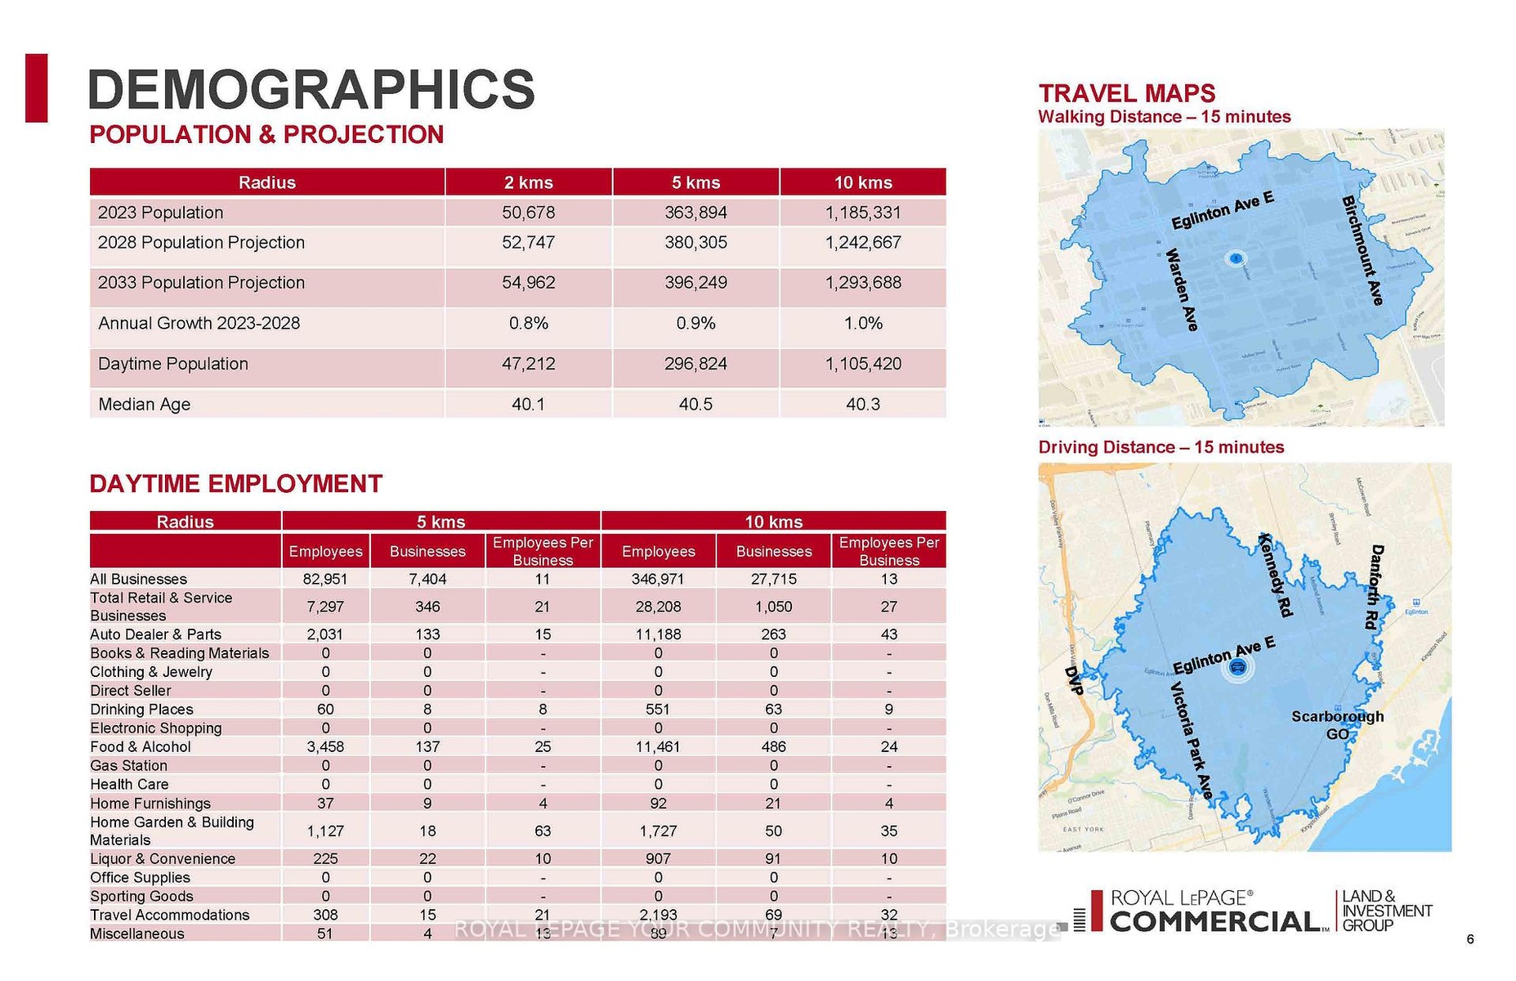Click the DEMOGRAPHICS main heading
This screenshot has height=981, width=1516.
click(x=311, y=89)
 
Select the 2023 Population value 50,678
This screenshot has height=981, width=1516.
click(x=528, y=213)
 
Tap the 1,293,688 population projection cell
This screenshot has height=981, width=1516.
click(x=863, y=283)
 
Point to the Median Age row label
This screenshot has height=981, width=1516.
click(x=144, y=404)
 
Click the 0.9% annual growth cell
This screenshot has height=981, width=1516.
click(x=695, y=324)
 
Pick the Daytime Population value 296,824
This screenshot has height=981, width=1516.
click(x=695, y=364)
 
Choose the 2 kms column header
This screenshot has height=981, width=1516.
click(x=528, y=182)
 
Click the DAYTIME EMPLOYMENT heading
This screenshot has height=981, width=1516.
click(x=235, y=484)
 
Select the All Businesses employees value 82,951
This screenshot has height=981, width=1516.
click(x=325, y=579)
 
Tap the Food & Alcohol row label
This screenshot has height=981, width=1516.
click(x=141, y=746)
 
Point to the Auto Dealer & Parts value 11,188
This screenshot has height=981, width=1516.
click(x=658, y=634)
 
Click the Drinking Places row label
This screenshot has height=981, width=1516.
click(x=141, y=710)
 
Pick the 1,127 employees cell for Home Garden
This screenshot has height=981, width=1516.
click(x=325, y=831)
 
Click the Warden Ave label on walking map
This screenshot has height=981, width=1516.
click(x=1182, y=289)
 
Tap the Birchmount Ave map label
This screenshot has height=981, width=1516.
click(x=1362, y=250)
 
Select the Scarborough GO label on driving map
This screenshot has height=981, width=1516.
click(x=1337, y=725)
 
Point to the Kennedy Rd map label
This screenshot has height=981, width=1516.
click(x=1276, y=575)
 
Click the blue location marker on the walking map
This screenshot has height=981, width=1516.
click(x=1236, y=259)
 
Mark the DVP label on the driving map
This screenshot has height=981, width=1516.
click(x=1074, y=680)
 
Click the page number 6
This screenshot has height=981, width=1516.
click(x=1470, y=939)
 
